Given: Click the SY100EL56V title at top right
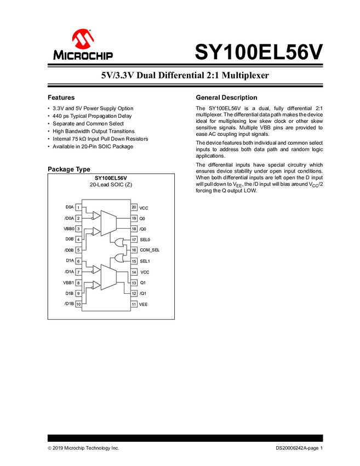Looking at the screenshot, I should click(259, 52).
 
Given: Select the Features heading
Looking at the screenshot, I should click(61, 97).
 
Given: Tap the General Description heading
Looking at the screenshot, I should click(226, 97).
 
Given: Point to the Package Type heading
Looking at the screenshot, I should click(69, 169).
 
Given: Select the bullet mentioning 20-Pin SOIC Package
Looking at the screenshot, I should click(92, 146).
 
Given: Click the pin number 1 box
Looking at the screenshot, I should click(78, 208).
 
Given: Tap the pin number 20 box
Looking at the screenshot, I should click(134, 208).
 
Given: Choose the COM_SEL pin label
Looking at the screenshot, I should click(150, 250).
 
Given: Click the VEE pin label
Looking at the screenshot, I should click(144, 304).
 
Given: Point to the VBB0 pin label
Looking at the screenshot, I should click(68, 229).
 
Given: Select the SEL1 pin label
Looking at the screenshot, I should click(145, 261).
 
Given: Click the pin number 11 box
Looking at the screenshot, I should click(134, 304).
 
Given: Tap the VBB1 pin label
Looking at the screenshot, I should click(68, 282).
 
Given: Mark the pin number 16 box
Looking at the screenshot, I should click(134, 250).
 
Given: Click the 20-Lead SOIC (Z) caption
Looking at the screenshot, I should click(111, 185).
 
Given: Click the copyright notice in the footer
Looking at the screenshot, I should click(83, 448).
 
